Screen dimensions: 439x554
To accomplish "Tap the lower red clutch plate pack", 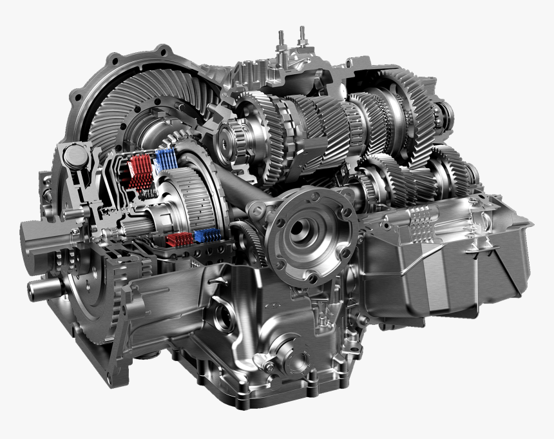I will click(179, 240).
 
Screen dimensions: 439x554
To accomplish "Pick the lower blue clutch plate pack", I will click(207, 235).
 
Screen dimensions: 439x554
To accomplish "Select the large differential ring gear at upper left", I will click(138, 97).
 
